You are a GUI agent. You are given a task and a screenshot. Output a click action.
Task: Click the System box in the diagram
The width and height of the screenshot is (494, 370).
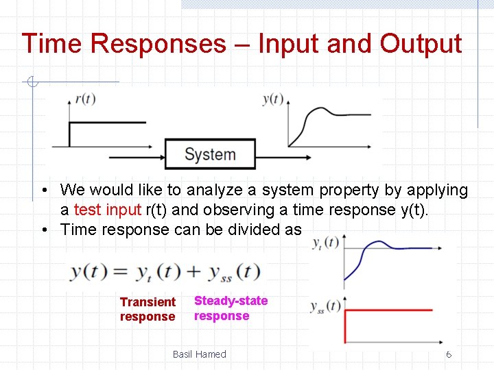(x=210, y=154)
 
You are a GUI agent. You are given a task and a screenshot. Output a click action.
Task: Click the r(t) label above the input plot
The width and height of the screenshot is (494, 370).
(x=84, y=99)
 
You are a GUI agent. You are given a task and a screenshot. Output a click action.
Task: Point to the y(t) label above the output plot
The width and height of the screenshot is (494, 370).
(x=272, y=99)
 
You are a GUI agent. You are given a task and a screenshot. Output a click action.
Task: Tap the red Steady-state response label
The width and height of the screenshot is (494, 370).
(x=231, y=308)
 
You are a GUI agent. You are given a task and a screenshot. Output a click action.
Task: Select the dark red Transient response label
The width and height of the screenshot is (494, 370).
(x=148, y=309)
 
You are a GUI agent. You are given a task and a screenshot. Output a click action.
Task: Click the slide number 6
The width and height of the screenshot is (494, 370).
(x=449, y=354)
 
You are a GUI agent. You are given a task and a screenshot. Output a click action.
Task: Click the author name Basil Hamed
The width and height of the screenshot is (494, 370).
(x=199, y=354)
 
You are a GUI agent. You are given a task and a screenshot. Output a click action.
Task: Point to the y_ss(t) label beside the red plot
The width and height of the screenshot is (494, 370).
(x=325, y=306)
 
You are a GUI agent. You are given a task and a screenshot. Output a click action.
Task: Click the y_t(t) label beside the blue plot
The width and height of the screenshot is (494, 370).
(x=325, y=243)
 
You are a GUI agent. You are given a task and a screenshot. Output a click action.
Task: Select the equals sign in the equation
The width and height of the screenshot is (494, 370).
(x=120, y=272)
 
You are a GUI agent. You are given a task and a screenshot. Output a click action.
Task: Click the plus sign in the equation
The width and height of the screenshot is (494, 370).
(x=193, y=272)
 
